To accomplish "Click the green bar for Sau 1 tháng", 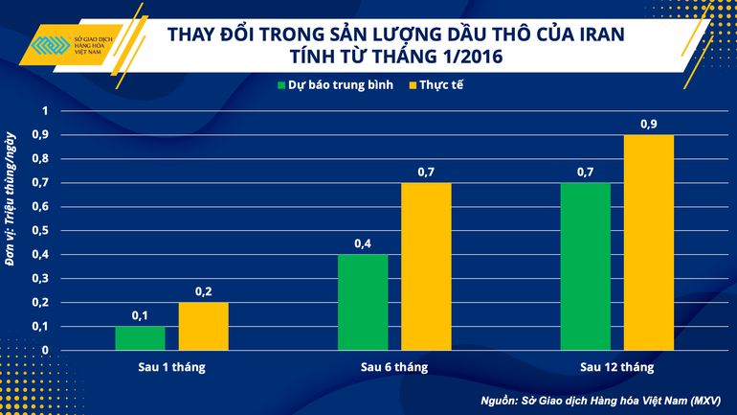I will click(140, 337).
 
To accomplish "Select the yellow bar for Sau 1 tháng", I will click(203, 326).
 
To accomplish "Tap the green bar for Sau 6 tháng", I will click(363, 302).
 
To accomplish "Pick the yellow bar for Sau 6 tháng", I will click(426, 265).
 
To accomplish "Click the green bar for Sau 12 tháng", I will click(586, 265).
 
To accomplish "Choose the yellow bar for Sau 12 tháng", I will click(649, 242).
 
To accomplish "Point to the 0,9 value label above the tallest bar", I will click(649, 125).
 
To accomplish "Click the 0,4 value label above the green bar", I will click(363, 244).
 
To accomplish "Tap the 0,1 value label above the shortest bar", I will click(140, 316).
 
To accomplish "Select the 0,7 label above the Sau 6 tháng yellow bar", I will click(426, 173).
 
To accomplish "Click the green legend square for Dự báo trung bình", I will click(282, 85).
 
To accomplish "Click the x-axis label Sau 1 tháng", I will click(171, 367).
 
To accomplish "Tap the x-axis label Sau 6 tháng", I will click(394, 367).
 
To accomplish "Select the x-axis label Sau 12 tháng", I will click(617, 367).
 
